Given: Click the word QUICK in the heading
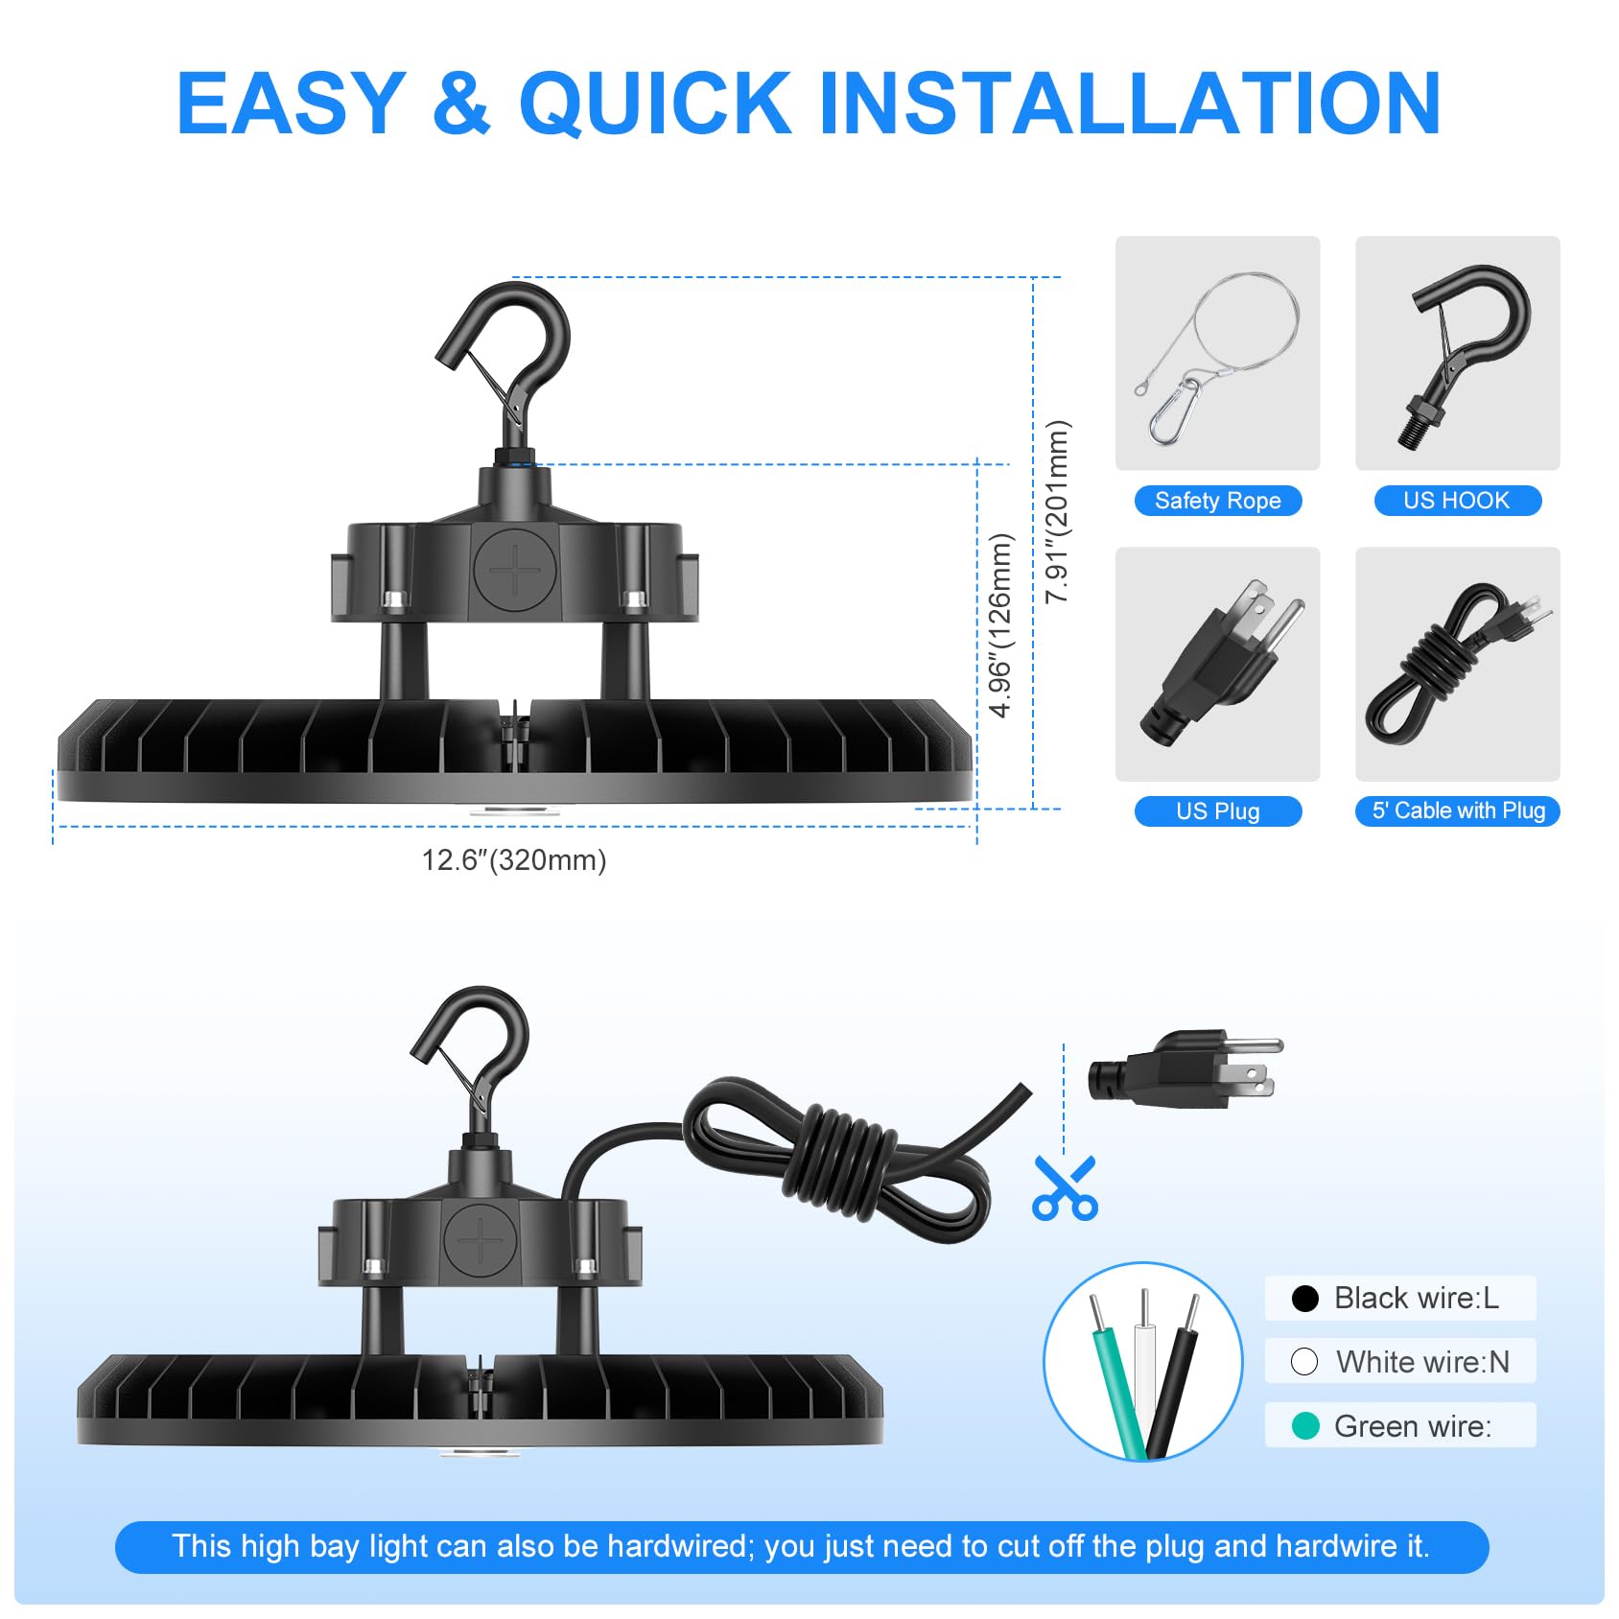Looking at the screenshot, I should coord(655,104).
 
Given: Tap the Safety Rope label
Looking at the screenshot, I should coord(1217,501).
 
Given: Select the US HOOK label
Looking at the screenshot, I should coord(1456,501).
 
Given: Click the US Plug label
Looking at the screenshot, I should coord(1217,811).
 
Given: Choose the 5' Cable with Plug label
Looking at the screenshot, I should coord(1458,811).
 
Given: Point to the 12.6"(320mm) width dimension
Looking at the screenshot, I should coord(514,860).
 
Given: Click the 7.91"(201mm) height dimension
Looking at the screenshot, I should coord(1056,512).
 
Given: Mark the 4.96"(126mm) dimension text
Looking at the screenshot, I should coord(1000,625).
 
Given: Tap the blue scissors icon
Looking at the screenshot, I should coord(1065,1189).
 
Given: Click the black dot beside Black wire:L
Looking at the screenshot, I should coord(1305,1299).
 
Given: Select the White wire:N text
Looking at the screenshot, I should coord(1422,1362).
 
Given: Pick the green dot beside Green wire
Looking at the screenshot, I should coord(1305,1426).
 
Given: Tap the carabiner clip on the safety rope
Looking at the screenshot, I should coord(1176,411).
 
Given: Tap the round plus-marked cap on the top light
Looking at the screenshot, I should coord(515,570).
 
